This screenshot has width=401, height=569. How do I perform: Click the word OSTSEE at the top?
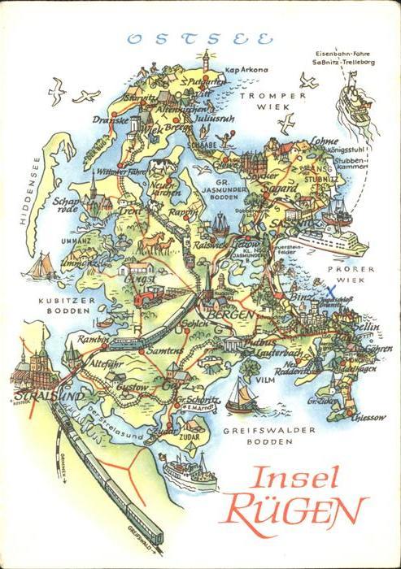200,37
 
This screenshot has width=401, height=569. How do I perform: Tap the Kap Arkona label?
246,70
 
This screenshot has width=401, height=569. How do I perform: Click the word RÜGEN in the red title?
294,510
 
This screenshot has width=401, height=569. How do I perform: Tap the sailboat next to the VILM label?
239,394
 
